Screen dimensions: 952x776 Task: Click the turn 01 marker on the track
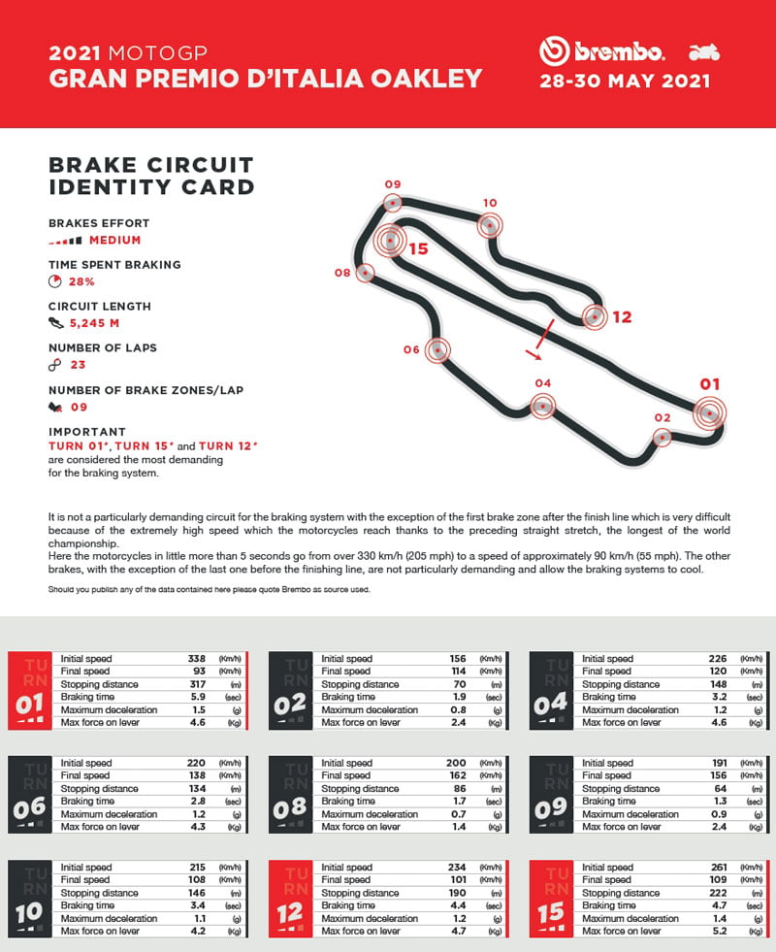pos(710,413)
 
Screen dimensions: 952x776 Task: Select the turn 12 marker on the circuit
pos(594,315)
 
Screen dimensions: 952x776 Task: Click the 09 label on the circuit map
pos(392,184)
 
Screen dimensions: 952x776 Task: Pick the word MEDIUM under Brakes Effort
pos(114,240)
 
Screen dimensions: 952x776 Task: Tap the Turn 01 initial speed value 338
pos(196,659)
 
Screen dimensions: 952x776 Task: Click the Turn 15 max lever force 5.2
pos(719,931)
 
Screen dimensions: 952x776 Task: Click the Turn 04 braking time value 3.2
pos(719,697)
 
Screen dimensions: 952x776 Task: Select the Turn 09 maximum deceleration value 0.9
pos(719,814)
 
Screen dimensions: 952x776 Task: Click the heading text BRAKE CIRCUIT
pos(150,165)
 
